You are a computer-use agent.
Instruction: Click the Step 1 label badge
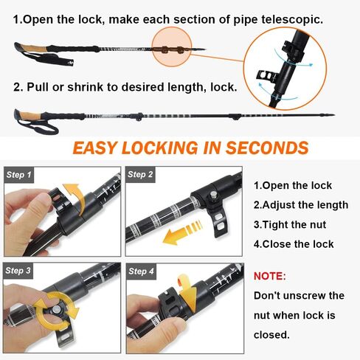pos(20,176)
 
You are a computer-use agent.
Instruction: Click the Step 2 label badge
pos(141,175)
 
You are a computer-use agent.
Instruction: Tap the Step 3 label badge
pos(20,271)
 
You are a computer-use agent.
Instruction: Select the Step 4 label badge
pos(141,271)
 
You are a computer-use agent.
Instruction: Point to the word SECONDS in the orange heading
pos(265,148)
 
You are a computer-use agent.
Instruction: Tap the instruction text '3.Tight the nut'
pos(290,225)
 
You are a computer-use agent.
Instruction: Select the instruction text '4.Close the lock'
pos(294,244)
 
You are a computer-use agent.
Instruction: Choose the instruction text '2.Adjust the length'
pos(300,205)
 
